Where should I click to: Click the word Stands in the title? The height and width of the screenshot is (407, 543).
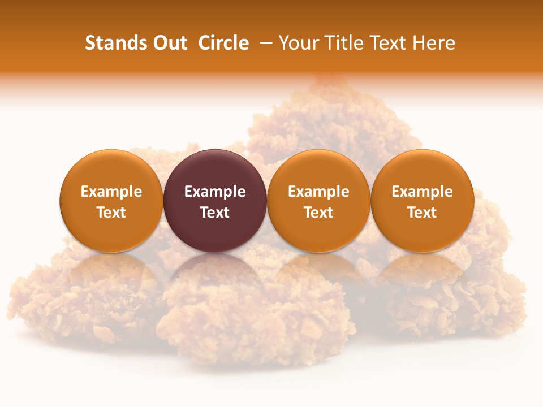pos(114,43)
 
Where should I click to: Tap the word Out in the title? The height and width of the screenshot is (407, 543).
pos(169,43)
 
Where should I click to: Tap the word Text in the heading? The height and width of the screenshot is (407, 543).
pos(389,43)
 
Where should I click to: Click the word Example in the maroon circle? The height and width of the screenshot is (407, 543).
pos(215,192)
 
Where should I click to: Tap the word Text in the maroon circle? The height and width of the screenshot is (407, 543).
pos(215,213)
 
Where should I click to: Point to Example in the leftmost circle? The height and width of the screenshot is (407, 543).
pos(111,192)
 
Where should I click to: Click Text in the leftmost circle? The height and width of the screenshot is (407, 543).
pos(111,213)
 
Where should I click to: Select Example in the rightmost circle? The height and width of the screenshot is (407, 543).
pos(422,192)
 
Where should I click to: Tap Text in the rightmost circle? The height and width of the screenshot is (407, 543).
pos(422,213)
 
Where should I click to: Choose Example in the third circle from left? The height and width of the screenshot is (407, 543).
pos(318,192)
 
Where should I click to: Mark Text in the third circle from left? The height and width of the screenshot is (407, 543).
pos(318,213)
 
